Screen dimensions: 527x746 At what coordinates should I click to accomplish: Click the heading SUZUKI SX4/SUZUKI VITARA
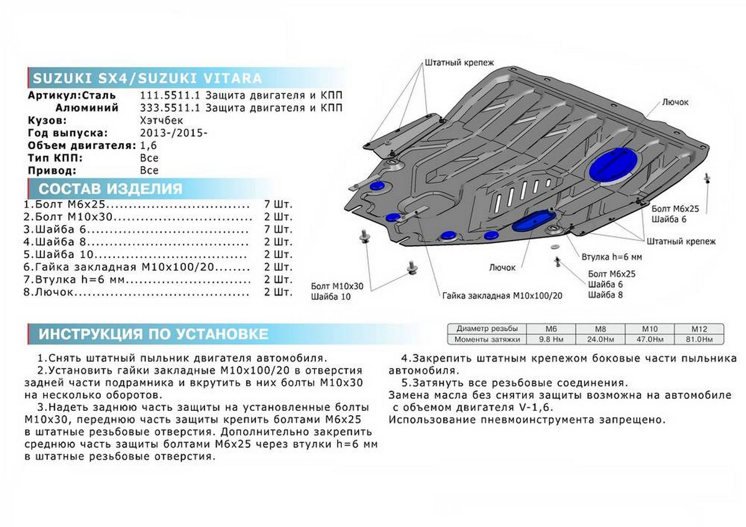147,79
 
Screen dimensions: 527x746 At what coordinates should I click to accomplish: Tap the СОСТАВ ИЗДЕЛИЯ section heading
111,189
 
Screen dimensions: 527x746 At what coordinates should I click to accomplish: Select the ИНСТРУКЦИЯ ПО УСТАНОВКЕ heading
154,334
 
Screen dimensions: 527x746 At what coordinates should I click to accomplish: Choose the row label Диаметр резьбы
486,329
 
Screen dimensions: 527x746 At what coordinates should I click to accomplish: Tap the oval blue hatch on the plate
530,221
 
